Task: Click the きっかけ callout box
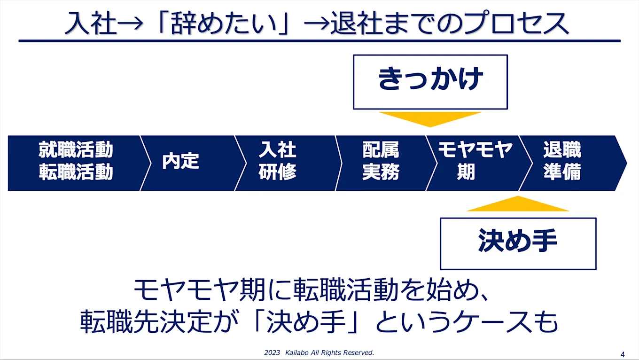tap(430, 82)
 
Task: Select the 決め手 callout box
tap(518, 243)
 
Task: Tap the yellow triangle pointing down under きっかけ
tap(430, 118)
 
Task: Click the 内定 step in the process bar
tap(180, 162)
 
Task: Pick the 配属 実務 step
tap(381, 162)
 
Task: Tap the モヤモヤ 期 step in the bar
tap(475, 162)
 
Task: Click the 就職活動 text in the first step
tap(76, 151)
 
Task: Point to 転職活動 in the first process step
tap(76, 172)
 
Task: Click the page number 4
tap(623, 353)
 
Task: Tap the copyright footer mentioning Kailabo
tap(319, 352)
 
